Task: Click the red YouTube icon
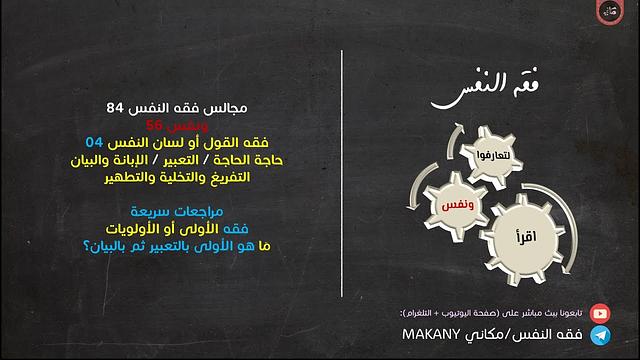pyautogui.click(x=600, y=312)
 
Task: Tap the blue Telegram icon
pyautogui.click(x=600, y=336)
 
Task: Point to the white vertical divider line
pyautogui.click(x=343, y=180)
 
